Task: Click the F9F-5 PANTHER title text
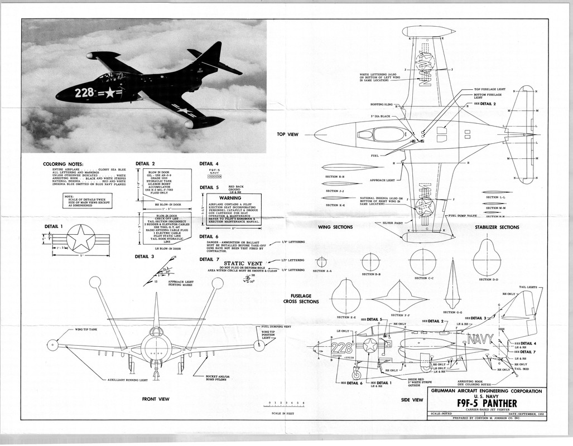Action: point(485,403)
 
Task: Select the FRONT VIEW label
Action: point(155,399)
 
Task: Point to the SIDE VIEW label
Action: point(412,400)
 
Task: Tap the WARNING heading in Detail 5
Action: point(229,198)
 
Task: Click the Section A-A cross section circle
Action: point(321,261)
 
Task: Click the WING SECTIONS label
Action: point(350,227)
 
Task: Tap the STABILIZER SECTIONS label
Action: point(497,227)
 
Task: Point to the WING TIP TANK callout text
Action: point(88,329)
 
